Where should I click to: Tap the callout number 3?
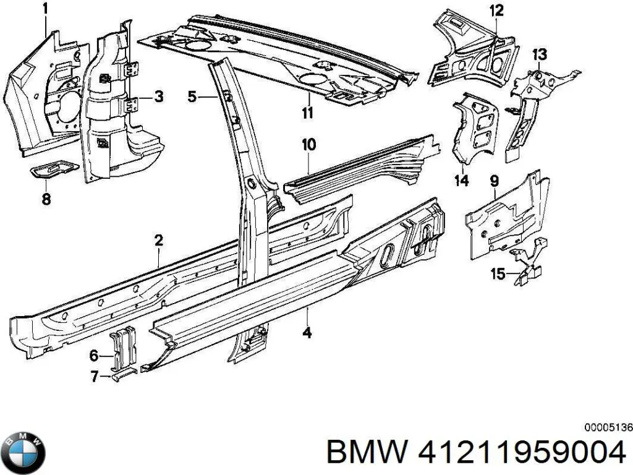[158, 96]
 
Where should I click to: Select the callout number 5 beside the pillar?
[192, 96]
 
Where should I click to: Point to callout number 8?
[46, 199]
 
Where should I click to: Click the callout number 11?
[307, 113]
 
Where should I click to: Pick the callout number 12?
[496, 10]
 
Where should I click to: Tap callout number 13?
[539, 54]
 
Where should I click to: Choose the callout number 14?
[462, 181]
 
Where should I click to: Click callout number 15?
[498, 273]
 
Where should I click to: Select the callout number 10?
[308, 145]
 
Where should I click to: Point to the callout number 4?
[307, 333]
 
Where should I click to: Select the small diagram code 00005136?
[608, 427]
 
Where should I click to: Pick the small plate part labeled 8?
[54, 169]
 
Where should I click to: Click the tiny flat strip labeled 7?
[121, 375]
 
